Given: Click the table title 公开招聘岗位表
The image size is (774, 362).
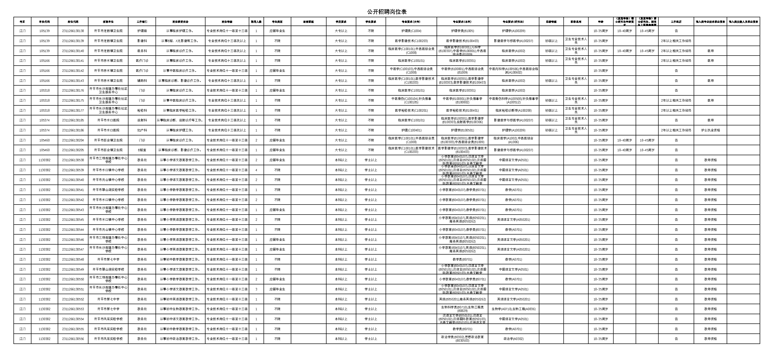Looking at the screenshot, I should (x=387, y=12).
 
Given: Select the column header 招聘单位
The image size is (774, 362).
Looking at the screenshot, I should (x=108, y=22).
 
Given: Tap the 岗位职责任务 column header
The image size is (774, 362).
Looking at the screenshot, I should (x=180, y=22).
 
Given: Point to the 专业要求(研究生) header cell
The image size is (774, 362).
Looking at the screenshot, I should (x=513, y=22).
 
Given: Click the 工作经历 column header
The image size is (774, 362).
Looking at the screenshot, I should (x=676, y=22).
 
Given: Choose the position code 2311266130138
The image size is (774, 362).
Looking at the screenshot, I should (x=73, y=31).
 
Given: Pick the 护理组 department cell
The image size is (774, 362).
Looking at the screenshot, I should (x=142, y=31).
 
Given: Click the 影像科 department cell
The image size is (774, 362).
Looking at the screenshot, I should (x=142, y=41).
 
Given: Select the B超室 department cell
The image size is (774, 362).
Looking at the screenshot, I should (x=142, y=150).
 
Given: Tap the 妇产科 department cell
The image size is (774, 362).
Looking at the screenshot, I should (x=142, y=130).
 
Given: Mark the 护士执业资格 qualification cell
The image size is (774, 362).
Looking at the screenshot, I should (x=710, y=130).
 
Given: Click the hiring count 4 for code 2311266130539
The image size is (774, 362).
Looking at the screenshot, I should (x=256, y=170).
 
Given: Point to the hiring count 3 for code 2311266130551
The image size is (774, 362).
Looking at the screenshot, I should (x=256, y=289).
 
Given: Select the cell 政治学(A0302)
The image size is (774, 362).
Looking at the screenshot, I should (x=513, y=339).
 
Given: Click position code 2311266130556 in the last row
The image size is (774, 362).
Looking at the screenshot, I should (x=73, y=339).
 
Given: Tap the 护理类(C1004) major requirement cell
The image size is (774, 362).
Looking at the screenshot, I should (x=411, y=31).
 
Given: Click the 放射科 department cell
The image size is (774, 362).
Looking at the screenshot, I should (x=142, y=120).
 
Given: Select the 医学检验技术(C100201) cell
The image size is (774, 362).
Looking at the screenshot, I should (x=411, y=111).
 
